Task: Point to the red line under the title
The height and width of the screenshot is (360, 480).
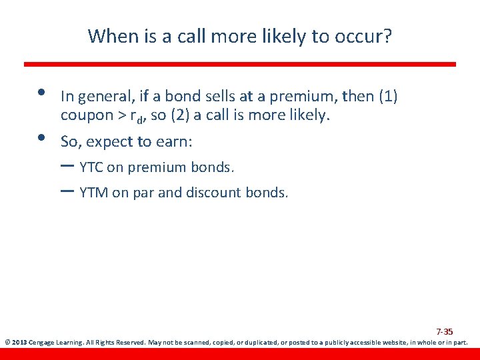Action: tap(240, 64)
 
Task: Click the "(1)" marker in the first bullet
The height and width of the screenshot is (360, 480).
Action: tap(388, 97)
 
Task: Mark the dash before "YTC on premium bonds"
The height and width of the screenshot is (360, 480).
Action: tap(67, 166)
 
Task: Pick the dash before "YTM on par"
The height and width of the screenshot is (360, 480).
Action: tap(67, 192)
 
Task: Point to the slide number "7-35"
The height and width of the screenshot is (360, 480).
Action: tap(445, 331)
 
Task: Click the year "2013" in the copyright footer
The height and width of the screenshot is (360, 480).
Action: tap(20, 343)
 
